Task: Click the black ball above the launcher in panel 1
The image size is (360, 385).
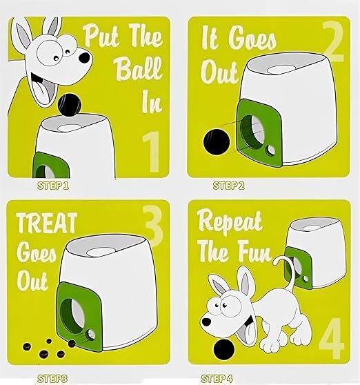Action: [x=69, y=105]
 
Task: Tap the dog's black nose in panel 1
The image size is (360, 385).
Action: [x=85, y=58]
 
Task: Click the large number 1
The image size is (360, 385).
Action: [x=152, y=152]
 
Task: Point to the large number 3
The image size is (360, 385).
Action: [x=153, y=226]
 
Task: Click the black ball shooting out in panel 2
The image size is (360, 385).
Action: [x=217, y=142]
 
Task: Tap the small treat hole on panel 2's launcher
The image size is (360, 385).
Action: [x=271, y=150]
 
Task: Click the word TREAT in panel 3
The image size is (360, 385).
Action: [x=47, y=223]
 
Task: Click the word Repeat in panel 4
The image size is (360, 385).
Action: [x=230, y=223]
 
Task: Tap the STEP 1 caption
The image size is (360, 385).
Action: [x=53, y=186]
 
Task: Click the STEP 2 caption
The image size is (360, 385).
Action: [x=229, y=186]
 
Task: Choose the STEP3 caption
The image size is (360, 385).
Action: [x=52, y=378]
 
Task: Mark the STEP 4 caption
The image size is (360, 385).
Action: [x=217, y=378]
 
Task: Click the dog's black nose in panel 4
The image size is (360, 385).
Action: [x=206, y=322]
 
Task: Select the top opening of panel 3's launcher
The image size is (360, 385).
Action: [x=100, y=252]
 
